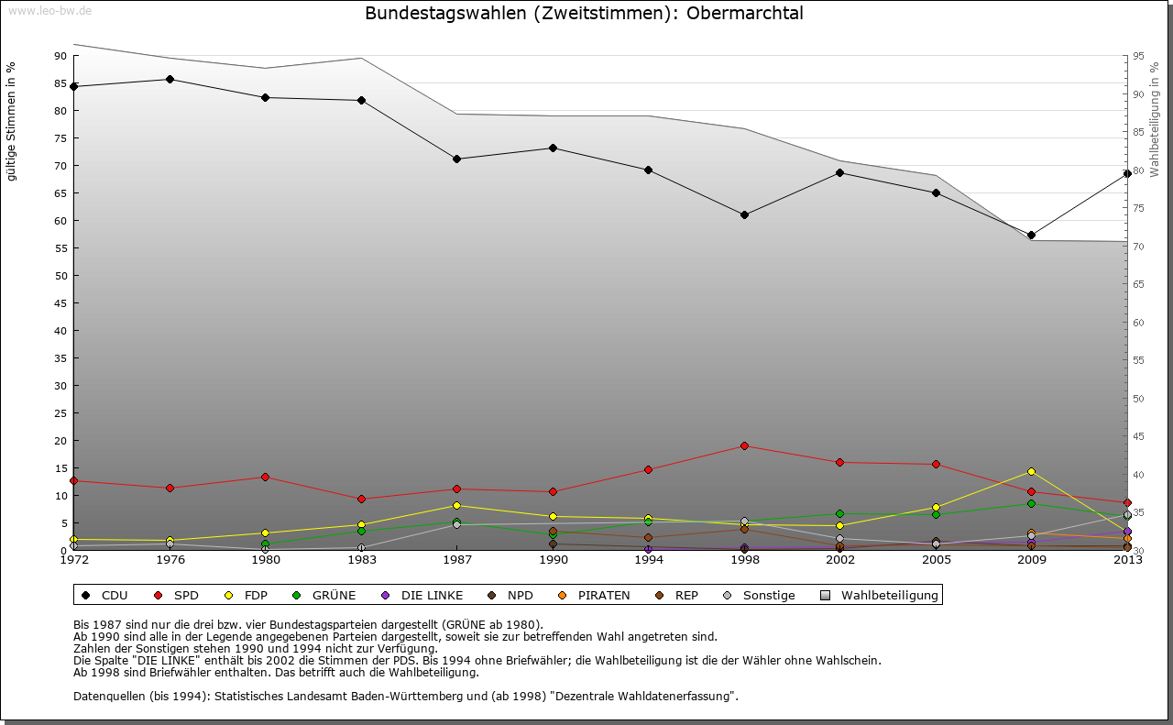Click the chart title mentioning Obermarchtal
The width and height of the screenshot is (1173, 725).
tap(584, 14)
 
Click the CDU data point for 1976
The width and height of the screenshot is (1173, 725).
tap(170, 79)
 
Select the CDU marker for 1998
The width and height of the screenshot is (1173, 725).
tap(744, 214)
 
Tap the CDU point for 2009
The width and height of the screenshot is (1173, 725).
tap(1031, 235)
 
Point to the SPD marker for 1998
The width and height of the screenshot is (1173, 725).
tap(744, 445)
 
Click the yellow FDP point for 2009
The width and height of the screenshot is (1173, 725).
tap(1031, 471)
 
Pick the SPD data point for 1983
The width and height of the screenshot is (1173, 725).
tap(361, 499)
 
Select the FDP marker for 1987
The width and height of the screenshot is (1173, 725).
tap(456, 505)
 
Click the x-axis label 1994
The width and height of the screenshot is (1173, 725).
tap(648, 560)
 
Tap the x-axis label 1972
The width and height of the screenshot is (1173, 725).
tap(73, 560)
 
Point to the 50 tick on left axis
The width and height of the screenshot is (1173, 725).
tap(60, 276)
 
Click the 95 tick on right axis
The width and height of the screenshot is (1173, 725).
tap(1138, 56)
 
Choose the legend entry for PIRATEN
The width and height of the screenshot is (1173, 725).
tap(595, 596)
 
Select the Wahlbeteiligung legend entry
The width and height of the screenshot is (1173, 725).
tap(880, 596)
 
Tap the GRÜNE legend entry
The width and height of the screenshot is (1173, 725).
tap(324, 596)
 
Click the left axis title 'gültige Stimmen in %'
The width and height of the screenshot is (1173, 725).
tap(12, 122)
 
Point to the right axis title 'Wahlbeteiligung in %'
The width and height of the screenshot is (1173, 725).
tap(1155, 120)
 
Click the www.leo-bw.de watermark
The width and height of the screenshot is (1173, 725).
tap(48, 10)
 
